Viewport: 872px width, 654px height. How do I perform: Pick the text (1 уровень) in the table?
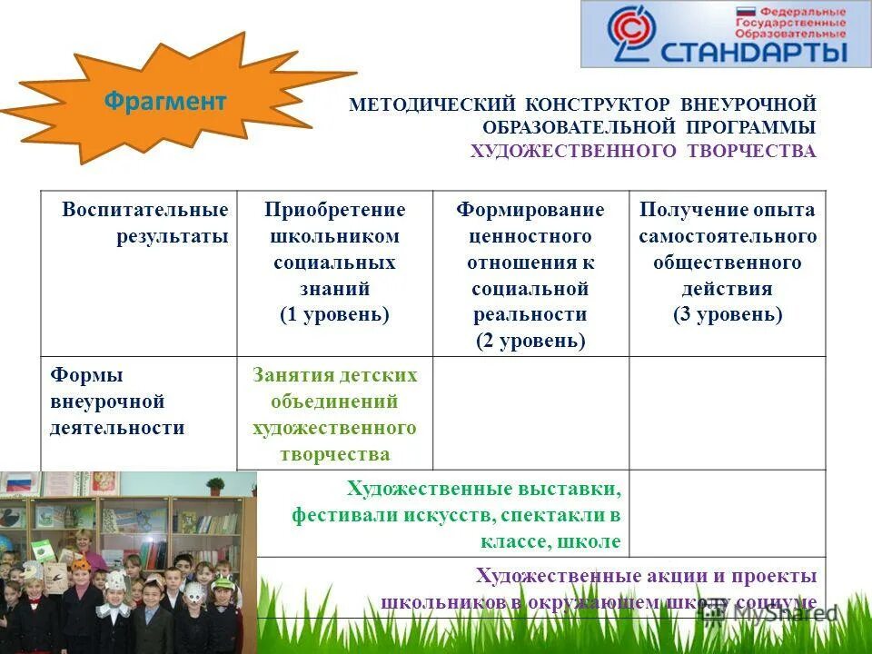[x=334, y=314]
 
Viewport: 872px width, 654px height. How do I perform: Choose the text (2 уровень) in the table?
[x=530, y=341]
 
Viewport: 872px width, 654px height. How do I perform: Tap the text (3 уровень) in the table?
[x=728, y=314]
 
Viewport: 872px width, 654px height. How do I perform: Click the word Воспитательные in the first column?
[x=145, y=210]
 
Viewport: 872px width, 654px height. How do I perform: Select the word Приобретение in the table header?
[x=334, y=210]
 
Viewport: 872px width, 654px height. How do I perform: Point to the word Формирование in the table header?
[x=530, y=210]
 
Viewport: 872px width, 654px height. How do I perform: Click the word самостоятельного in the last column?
[x=728, y=236]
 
